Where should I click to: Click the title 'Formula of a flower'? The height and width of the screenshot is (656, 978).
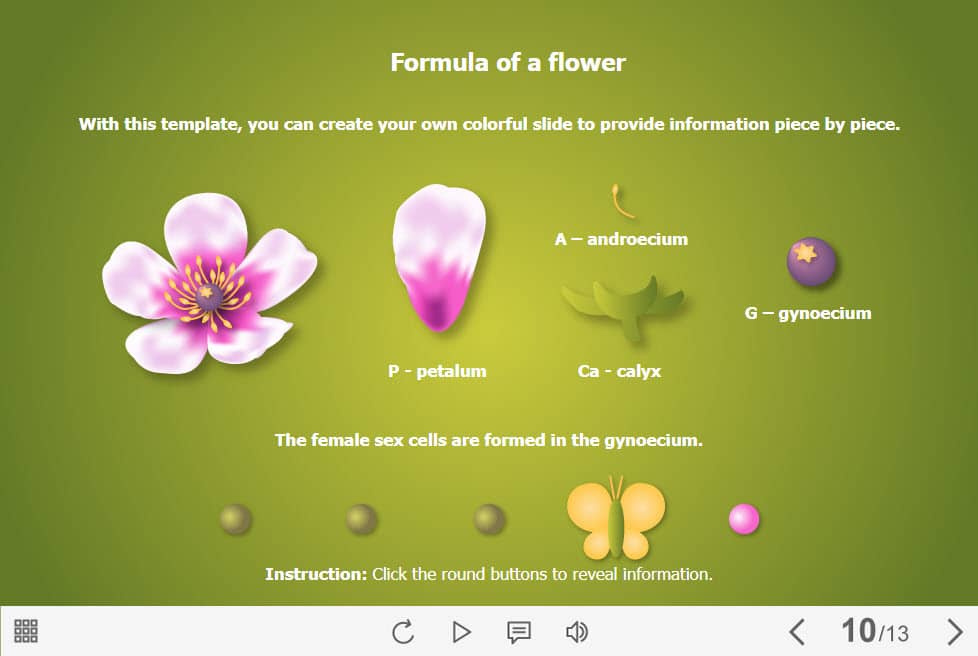click(x=508, y=62)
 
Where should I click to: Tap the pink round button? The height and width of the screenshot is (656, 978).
click(x=744, y=519)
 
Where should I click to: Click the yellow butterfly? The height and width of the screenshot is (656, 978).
click(x=616, y=517)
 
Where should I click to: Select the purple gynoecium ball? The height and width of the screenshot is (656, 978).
click(x=811, y=261)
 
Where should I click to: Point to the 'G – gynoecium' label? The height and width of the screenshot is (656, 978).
click(x=808, y=313)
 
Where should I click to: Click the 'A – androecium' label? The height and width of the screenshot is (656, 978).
click(x=621, y=239)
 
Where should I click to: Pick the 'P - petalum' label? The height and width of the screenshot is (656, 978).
click(x=437, y=371)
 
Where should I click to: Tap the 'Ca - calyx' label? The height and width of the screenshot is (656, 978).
click(x=619, y=371)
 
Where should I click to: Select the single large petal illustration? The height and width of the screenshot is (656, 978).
click(x=439, y=257)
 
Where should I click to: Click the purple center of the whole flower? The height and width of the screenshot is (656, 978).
click(x=208, y=296)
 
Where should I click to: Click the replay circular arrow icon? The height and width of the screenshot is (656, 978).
click(x=403, y=632)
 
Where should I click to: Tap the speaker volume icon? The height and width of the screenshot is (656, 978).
click(x=576, y=632)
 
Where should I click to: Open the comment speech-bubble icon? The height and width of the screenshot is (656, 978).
click(x=519, y=632)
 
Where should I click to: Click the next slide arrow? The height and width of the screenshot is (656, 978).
click(x=954, y=632)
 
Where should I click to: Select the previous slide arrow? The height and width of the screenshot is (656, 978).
click(x=797, y=632)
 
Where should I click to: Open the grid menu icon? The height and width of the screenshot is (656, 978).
click(x=26, y=631)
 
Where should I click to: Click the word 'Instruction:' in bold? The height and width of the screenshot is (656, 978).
click(x=316, y=574)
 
